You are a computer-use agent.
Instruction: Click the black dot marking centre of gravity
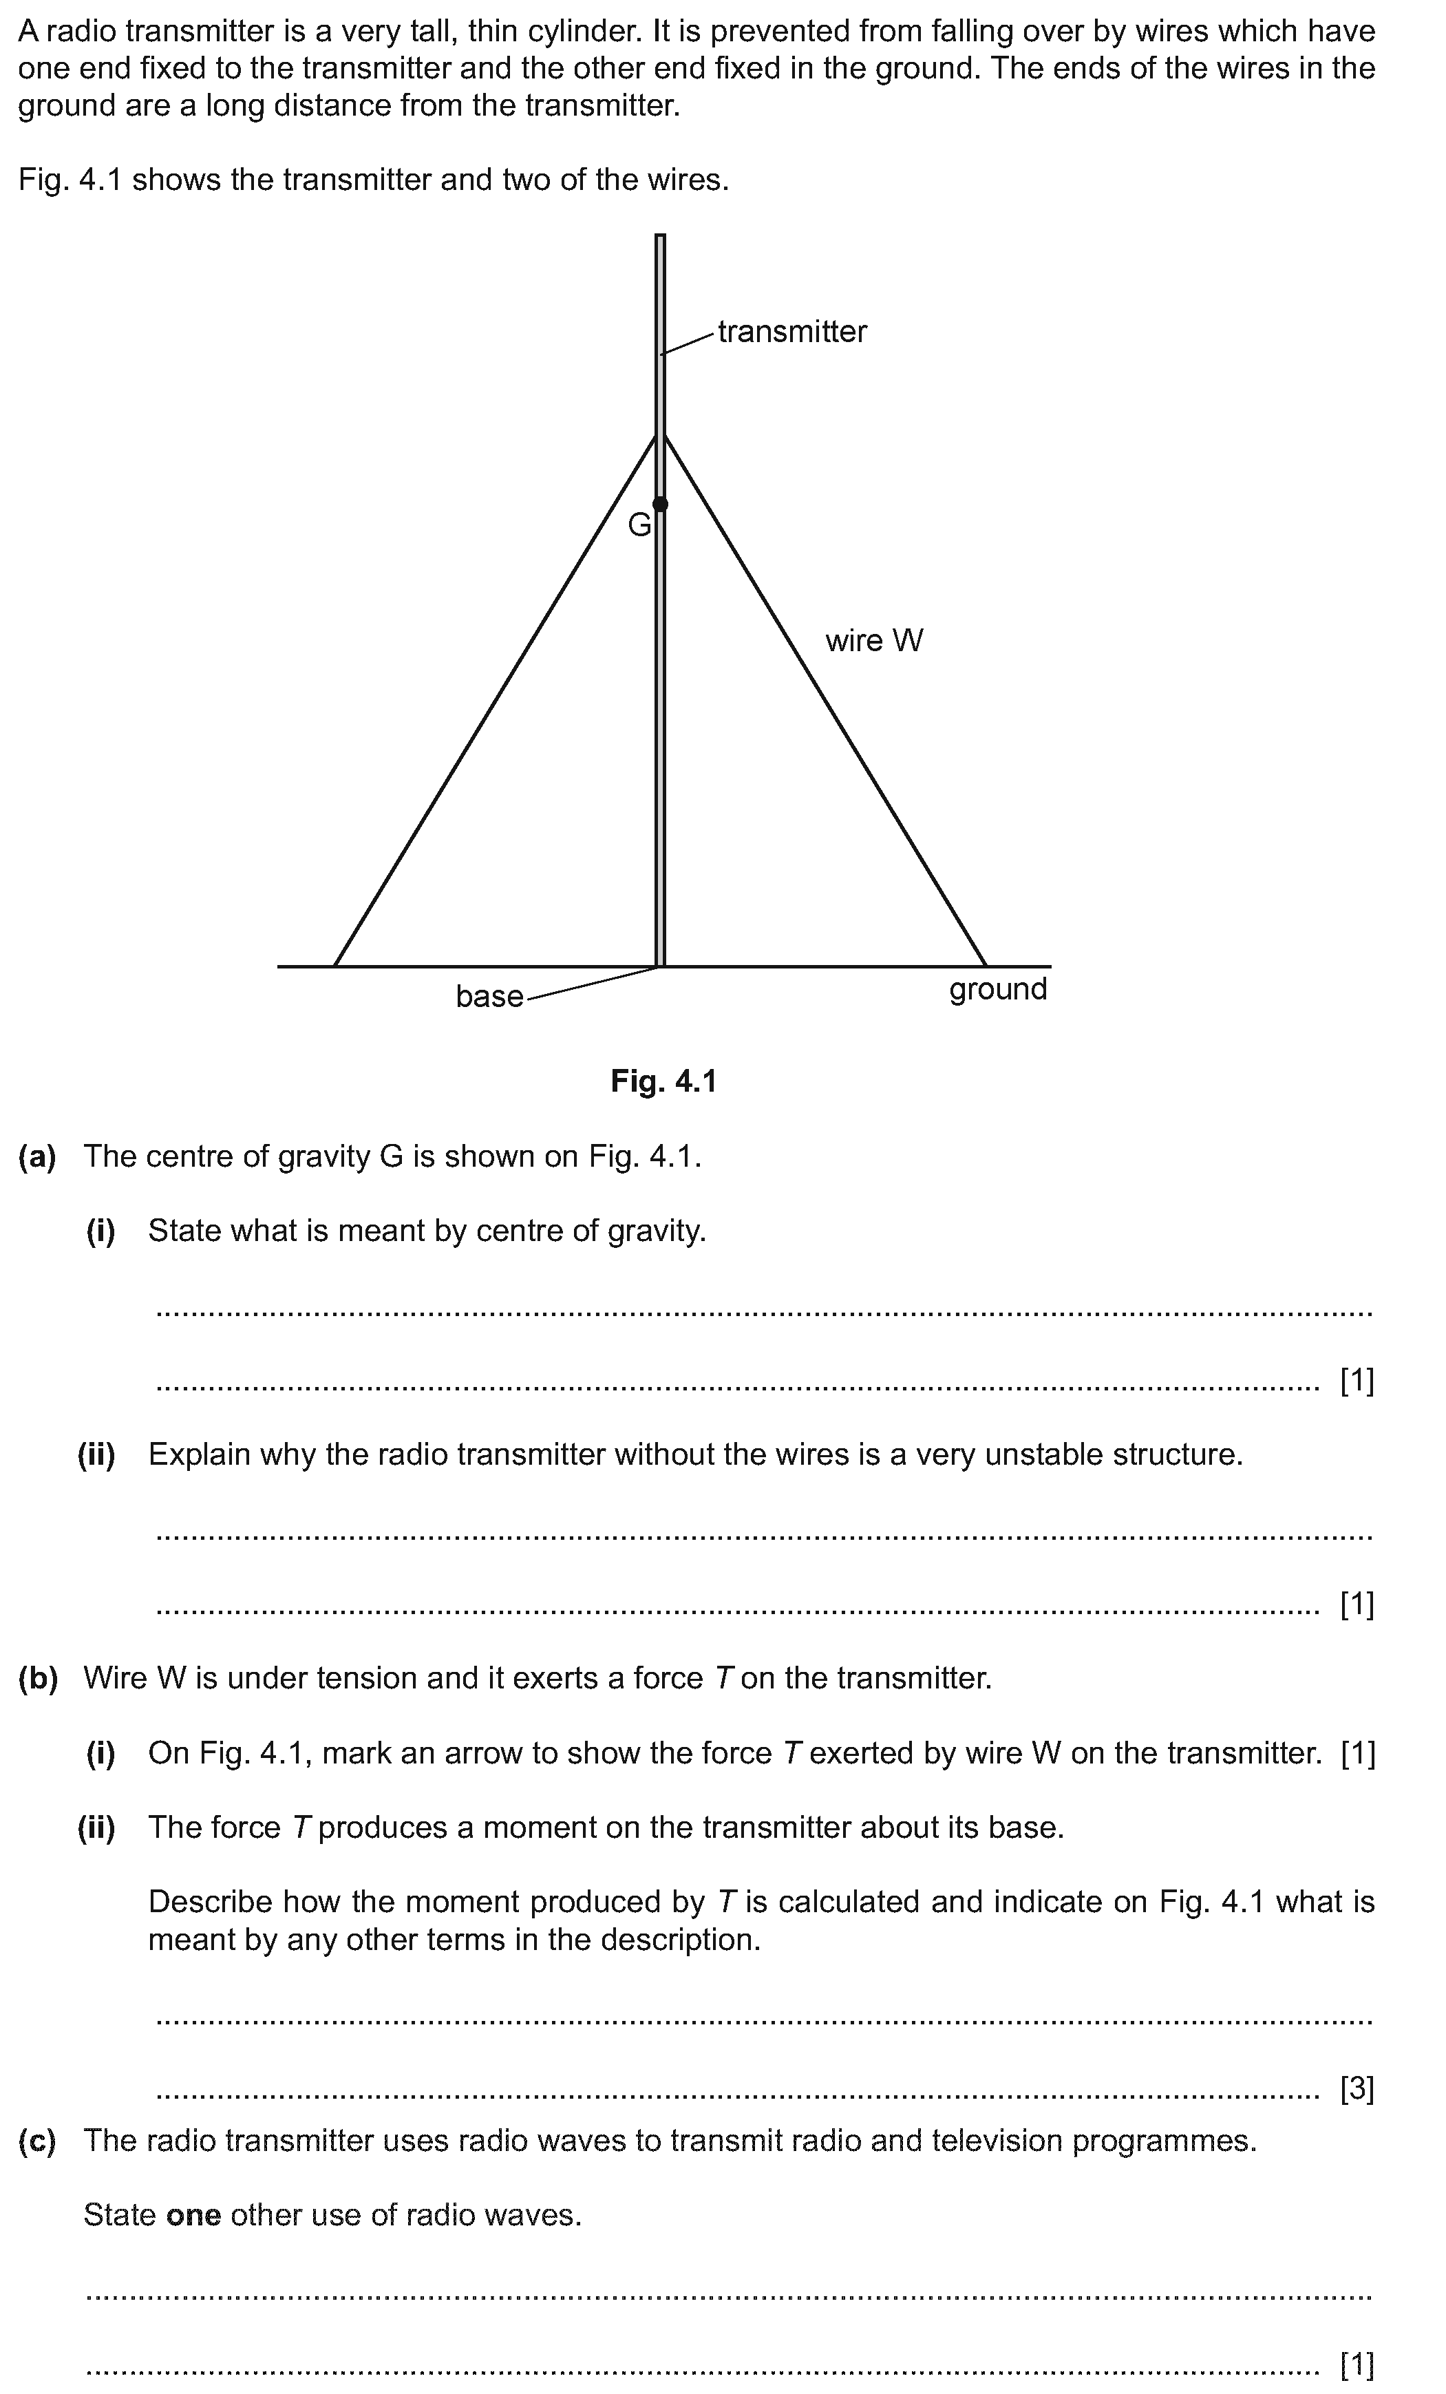[660, 503]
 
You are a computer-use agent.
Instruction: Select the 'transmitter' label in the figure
[792, 332]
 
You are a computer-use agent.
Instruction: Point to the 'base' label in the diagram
[489, 997]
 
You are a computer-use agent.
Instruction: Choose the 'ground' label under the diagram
[998, 989]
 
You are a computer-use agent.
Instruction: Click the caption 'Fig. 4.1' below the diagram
[663, 1081]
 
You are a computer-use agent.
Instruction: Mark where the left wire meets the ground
[335, 966]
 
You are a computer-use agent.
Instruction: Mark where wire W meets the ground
[986, 966]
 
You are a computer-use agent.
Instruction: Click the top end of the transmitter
[660, 236]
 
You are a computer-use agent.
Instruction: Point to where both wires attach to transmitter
[660, 436]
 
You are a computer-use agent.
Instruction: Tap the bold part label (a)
[37, 1156]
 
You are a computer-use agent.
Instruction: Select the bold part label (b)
[38, 1678]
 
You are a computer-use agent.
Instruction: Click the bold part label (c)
[37, 2141]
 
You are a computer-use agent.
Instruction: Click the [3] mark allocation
[1357, 2088]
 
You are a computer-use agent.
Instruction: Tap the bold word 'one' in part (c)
[193, 2215]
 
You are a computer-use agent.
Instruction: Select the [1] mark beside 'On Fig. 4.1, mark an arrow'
[1357, 1752]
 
